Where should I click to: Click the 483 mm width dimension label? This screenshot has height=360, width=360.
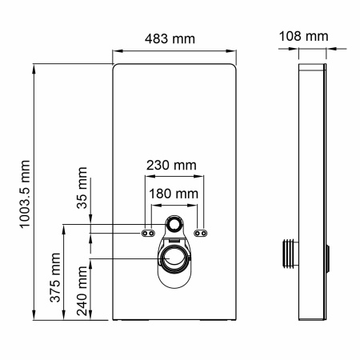(171, 39)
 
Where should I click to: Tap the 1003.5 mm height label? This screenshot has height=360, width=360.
(24, 192)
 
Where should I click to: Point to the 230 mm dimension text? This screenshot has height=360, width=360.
(170, 166)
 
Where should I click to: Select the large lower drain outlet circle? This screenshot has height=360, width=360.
(175, 258)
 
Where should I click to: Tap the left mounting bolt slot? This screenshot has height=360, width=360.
(149, 233)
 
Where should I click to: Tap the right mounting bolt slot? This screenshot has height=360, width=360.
(202, 233)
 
